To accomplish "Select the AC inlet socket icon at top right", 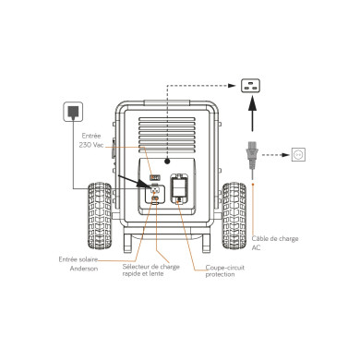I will pos(250,87).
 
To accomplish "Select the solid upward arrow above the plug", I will pos(250,119).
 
